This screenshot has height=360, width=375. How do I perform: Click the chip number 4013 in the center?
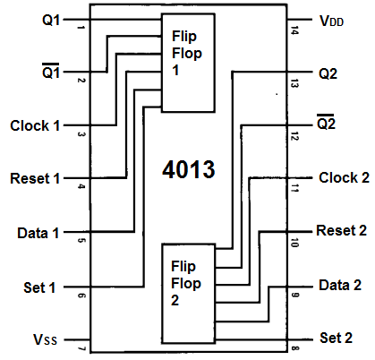(189, 169)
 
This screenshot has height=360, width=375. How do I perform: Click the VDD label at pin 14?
(331, 21)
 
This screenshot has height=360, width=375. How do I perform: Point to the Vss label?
(45, 339)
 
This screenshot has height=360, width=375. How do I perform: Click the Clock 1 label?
(35, 125)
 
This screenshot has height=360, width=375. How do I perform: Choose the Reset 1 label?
(35, 178)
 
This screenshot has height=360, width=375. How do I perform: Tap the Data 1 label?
(38, 233)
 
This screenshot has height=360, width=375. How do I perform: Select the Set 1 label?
(39, 287)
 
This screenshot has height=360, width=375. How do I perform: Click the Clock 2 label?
(344, 177)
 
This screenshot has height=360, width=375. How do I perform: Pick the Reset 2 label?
(341, 230)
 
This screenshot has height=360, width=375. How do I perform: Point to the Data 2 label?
(340, 285)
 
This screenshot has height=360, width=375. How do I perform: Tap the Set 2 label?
(336, 338)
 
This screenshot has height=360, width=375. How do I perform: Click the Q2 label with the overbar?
(326, 122)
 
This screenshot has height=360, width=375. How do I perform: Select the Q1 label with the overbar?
(51, 71)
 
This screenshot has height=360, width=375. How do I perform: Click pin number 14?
(294, 30)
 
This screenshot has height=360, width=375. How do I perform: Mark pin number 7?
(81, 348)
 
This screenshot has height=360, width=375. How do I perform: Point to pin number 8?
(294, 348)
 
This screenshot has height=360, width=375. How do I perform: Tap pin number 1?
(81, 28)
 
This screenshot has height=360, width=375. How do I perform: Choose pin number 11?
(294, 188)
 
